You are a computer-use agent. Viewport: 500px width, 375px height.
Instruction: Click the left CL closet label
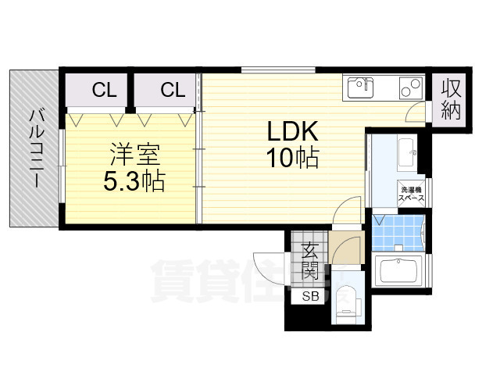pos(104,90)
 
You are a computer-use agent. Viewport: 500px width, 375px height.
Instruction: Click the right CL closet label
pos(173,90)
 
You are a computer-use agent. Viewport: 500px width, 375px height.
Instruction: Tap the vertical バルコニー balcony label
pos(36,148)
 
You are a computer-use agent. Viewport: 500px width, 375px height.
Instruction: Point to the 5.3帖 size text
pos(134,181)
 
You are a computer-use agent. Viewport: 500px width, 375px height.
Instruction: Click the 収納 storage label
pos(450,98)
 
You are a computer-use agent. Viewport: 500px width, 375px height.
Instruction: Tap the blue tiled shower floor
pos(397,231)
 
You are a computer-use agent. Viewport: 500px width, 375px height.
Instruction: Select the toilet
pos(346,301)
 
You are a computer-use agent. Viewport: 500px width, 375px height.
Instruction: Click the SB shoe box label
pos(311,296)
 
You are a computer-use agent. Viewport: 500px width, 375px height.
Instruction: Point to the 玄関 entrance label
pos(310,262)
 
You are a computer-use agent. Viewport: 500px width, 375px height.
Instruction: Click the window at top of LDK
pos(277,70)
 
